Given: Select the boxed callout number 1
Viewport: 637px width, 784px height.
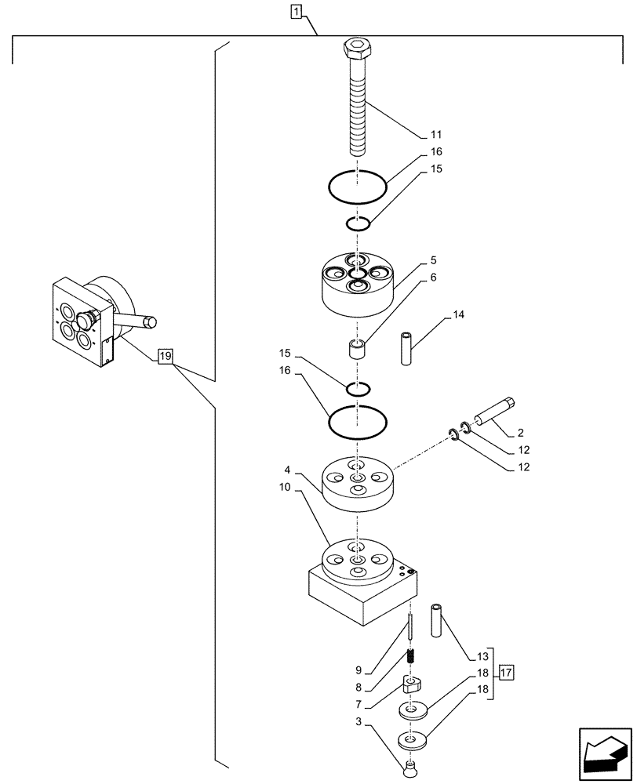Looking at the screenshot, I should point(295,11).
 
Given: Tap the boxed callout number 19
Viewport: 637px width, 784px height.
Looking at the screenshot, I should point(164,358).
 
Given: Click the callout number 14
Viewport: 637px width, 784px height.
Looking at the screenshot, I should point(459,316).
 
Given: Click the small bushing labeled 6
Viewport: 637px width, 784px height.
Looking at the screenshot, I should point(357,349).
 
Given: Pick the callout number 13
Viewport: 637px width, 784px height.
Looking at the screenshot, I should point(482,656).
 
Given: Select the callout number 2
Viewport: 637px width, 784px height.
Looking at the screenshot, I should point(520,432).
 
